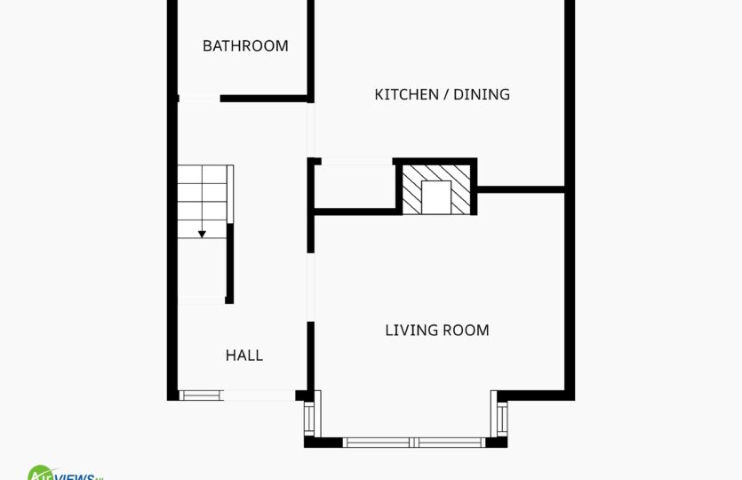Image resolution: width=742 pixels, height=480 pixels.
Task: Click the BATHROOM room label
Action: pos(245,46)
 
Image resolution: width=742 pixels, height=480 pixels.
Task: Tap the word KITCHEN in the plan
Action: pos(406,94)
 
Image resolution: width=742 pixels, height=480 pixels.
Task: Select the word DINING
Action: pos(482,94)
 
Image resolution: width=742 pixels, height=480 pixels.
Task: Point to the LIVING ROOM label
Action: pos(437,330)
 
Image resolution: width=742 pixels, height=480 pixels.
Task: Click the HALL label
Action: pos(243,355)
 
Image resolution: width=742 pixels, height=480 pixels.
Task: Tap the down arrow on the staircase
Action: pos(202,234)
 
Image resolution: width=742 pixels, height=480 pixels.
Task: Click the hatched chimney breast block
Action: pos(435,188)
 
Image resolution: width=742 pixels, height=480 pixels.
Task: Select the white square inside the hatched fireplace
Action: pos(435,197)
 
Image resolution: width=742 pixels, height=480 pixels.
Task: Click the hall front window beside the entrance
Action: pos(201,396)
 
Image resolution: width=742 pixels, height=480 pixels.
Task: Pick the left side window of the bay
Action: pos(309,419)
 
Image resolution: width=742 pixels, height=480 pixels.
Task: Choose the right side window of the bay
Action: pos(502,420)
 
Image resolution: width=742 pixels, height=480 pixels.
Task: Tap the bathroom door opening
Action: pos(199,99)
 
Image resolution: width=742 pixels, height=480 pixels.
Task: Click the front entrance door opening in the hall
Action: pos(259,396)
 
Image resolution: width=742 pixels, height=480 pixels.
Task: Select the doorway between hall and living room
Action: pos(311,287)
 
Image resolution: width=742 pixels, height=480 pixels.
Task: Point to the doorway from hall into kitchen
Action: pos(311,130)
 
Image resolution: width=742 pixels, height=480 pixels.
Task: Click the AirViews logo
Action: pos(65,473)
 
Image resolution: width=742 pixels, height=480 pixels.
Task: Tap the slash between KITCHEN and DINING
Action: pos(446,94)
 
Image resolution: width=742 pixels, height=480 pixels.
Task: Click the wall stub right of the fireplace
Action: pos(521,190)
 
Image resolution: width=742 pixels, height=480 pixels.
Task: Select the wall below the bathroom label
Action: pos(264,99)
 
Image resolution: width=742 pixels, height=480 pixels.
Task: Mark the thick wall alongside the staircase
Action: pos(230,264)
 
